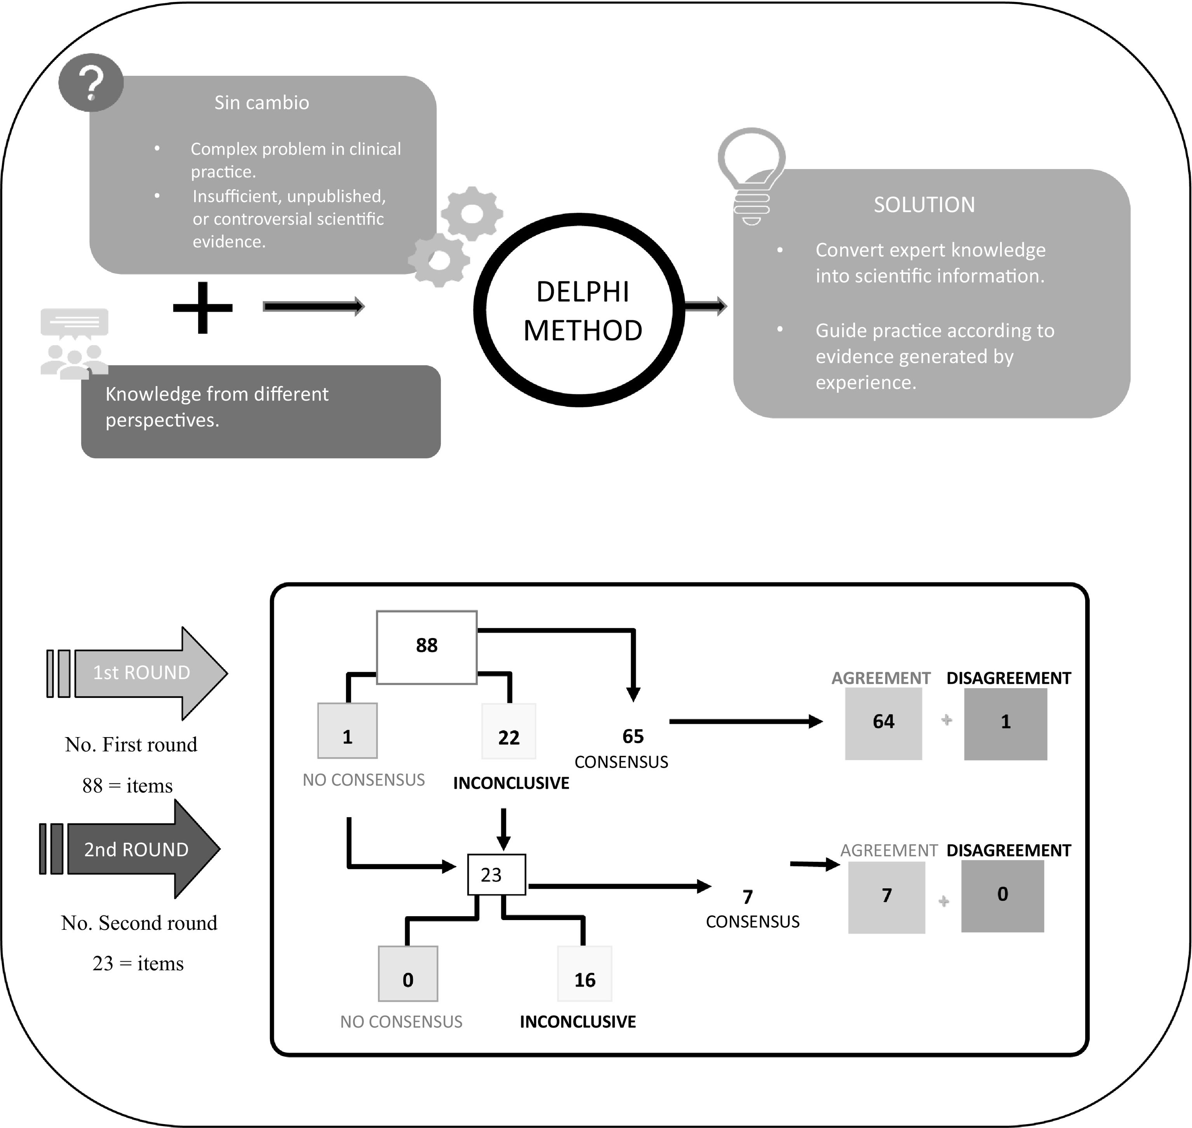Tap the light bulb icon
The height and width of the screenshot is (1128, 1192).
(x=752, y=174)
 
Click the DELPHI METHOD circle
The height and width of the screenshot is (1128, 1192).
(x=580, y=310)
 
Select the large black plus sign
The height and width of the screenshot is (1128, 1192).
(x=203, y=307)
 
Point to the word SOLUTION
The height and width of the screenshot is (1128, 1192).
(x=924, y=205)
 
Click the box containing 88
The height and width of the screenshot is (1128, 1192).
(x=427, y=647)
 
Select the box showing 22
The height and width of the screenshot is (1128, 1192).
(x=508, y=732)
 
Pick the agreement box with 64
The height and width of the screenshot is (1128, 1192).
(x=883, y=724)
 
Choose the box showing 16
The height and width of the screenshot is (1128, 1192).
(x=584, y=973)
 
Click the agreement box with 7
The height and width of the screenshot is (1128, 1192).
(x=887, y=896)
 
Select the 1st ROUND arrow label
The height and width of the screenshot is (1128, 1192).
(x=142, y=673)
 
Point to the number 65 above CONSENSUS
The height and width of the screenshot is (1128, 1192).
(x=633, y=736)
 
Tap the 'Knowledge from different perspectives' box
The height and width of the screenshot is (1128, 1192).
(x=261, y=412)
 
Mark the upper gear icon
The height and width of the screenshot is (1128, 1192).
(x=472, y=213)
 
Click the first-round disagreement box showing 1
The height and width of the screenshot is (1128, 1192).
(x=1006, y=724)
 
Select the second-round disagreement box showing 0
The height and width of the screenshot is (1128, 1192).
(x=1002, y=896)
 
